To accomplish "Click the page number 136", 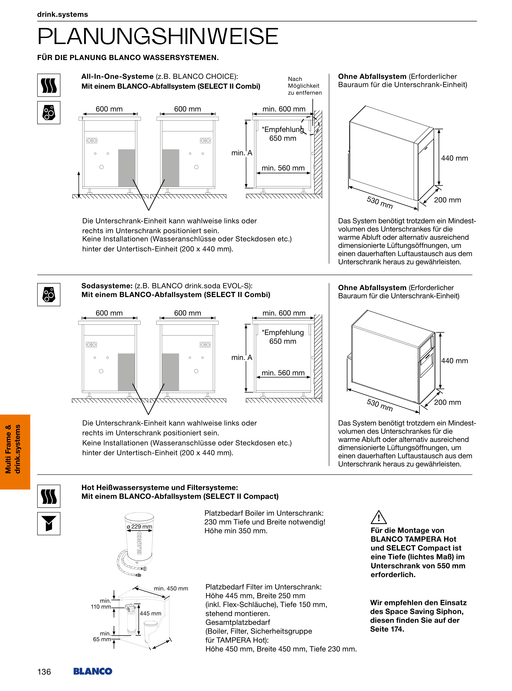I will coord(44,672).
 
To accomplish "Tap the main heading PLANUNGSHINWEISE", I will coord(158,36).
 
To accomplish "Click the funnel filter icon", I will coord(49,523).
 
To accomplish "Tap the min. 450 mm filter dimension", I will coord(171,588).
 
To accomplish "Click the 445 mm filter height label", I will coord(151,613).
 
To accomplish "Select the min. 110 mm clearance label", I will coord(101,604).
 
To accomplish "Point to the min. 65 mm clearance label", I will coord(102,636).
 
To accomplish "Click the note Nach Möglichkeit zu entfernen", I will coord(304,86).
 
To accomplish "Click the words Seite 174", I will coord(387,629).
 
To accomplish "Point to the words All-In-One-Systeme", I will coord(117,77).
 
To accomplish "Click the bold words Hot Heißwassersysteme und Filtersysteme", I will coord(160,487).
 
